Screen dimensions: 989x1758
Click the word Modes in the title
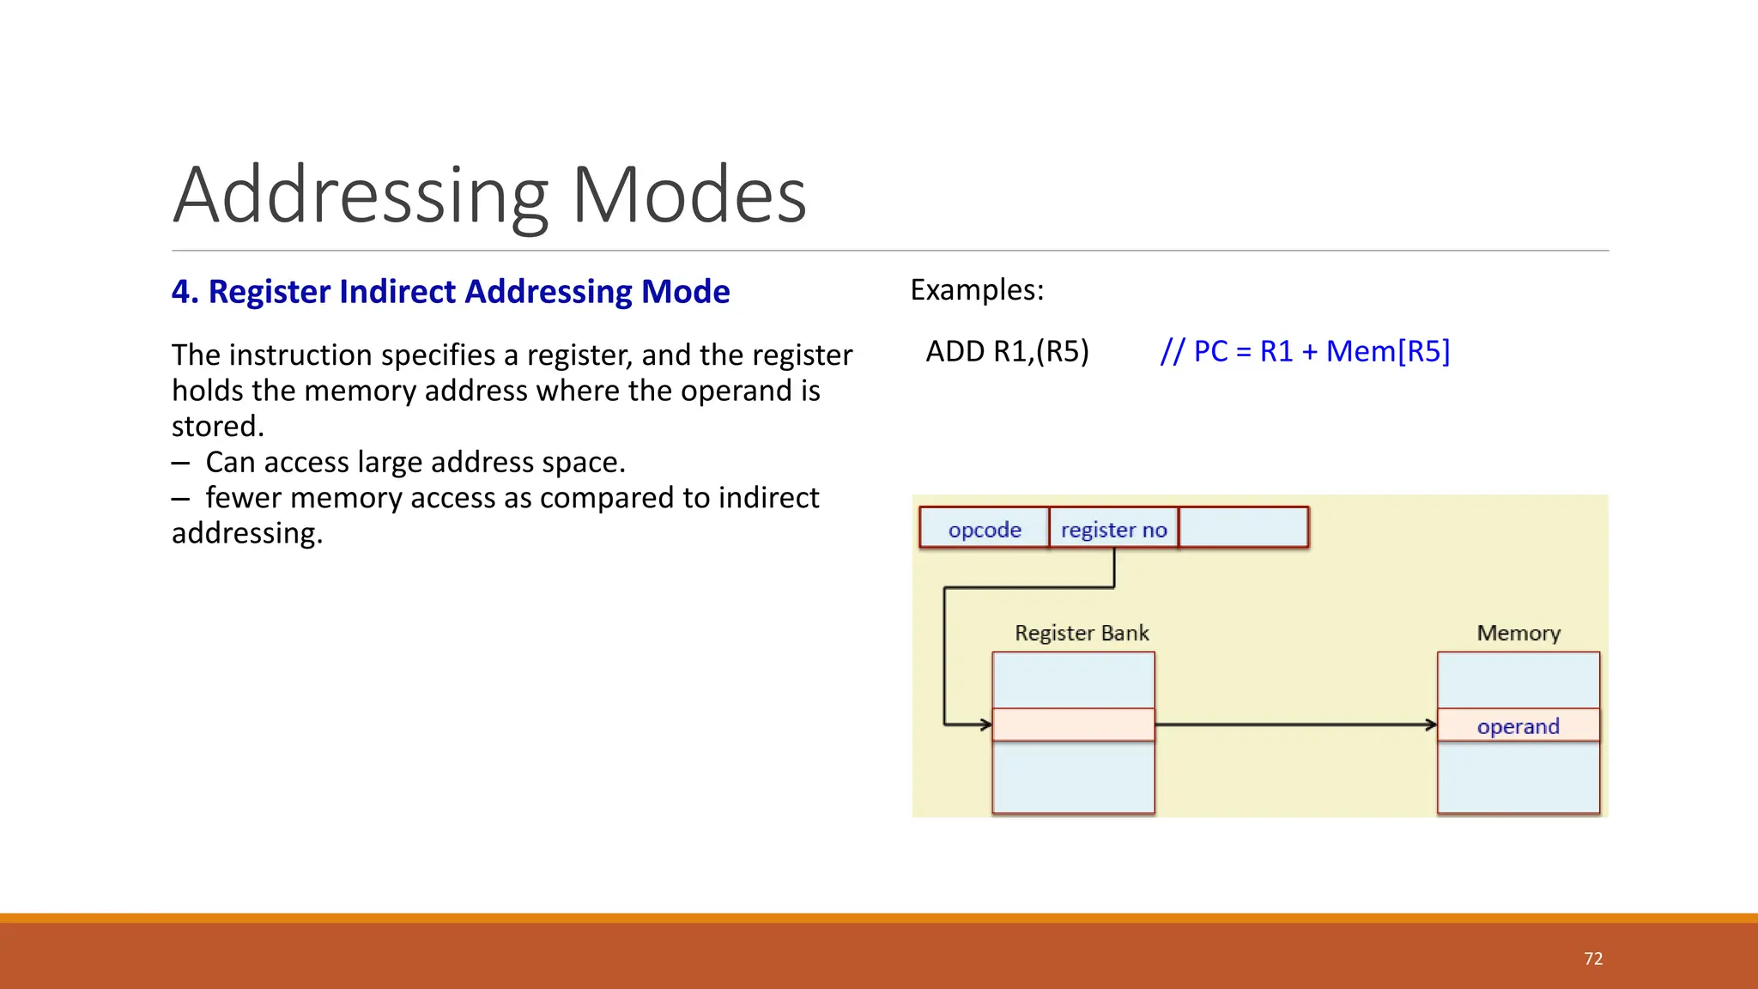[688, 196]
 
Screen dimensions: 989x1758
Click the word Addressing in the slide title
[361, 196]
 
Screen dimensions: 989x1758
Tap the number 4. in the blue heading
[185, 292]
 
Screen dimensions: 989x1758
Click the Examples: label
[977, 290]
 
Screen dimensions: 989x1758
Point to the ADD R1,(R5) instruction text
[1007, 352]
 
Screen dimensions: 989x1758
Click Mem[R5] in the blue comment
[1388, 352]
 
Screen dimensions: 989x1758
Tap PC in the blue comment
[1210, 352]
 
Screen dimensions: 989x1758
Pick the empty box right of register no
[1244, 527]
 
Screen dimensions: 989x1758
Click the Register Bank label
[1081, 633]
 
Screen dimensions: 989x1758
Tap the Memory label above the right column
[1518, 633]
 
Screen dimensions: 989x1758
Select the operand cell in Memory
[1518, 725]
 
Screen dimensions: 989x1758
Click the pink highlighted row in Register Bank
[1073, 725]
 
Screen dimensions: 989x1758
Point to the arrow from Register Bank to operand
[1296, 725]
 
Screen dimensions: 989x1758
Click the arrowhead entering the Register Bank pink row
[985, 725]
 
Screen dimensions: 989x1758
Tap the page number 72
[1593, 959]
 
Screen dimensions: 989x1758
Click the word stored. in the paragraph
[218, 427]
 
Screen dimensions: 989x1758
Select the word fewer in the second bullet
[243, 498]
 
